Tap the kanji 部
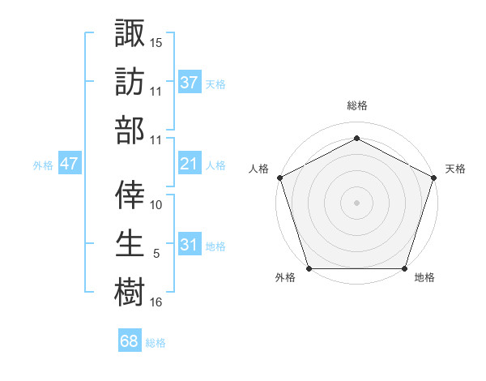130,130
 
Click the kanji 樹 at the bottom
130,290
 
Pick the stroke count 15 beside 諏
156,42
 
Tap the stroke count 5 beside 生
156,254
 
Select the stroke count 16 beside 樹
156,302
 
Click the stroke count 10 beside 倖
156,204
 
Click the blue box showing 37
190,82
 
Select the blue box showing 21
190,164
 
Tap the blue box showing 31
190,244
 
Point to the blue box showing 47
69,164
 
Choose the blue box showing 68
129,341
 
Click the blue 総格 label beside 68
156,343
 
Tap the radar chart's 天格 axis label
455,169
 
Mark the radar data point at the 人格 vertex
279,178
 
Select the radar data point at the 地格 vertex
404,268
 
